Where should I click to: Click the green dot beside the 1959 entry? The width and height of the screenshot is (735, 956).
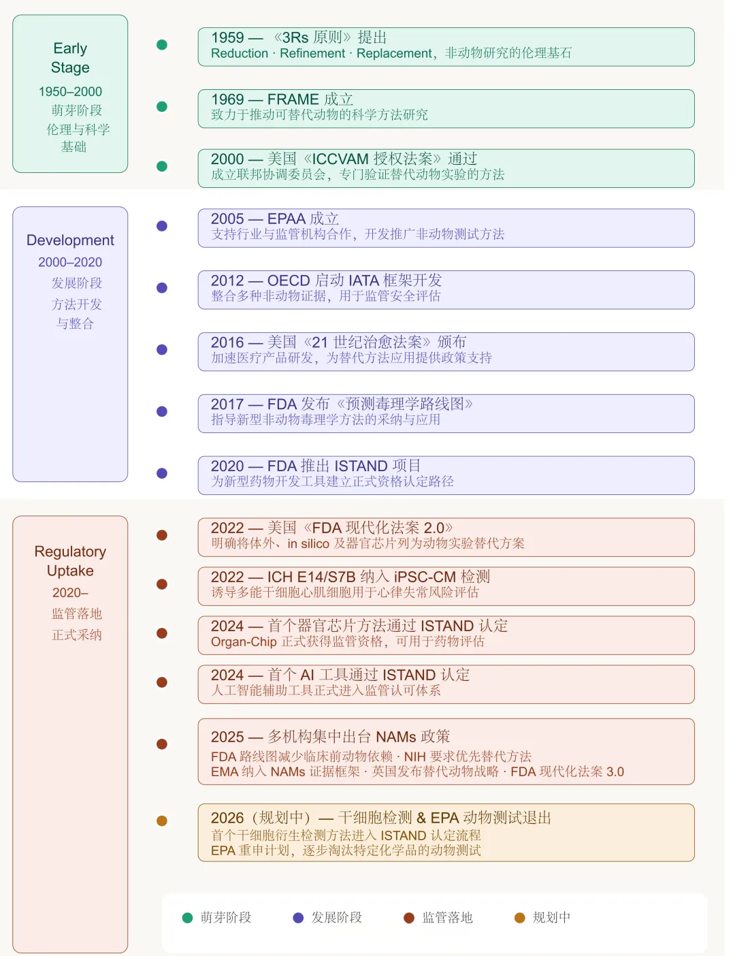point(162,45)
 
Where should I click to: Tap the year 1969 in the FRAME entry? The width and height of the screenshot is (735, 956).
point(227,99)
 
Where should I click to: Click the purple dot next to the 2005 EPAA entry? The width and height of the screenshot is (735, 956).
point(162,226)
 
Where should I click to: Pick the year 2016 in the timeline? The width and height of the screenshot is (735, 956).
point(227,342)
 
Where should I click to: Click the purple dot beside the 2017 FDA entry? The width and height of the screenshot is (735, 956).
point(162,411)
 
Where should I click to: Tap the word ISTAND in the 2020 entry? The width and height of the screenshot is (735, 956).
point(361,466)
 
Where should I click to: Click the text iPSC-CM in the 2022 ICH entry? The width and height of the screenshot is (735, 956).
point(425,577)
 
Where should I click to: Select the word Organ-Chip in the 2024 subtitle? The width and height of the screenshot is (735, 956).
point(244,642)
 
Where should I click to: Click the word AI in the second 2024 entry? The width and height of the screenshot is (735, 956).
point(307,675)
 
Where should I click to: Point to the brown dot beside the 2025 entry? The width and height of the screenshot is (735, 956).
point(162,744)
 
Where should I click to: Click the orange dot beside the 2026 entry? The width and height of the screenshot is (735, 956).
point(162,821)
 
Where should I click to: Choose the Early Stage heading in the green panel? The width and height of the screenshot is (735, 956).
point(70,58)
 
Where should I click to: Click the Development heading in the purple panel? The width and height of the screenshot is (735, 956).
point(70,240)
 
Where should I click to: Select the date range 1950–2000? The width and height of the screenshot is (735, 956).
point(70,92)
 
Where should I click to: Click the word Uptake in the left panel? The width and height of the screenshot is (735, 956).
point(70,571)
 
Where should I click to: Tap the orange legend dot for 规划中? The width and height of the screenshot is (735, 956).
point(520,918)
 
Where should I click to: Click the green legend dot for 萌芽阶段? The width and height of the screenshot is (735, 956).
point(188,918)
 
